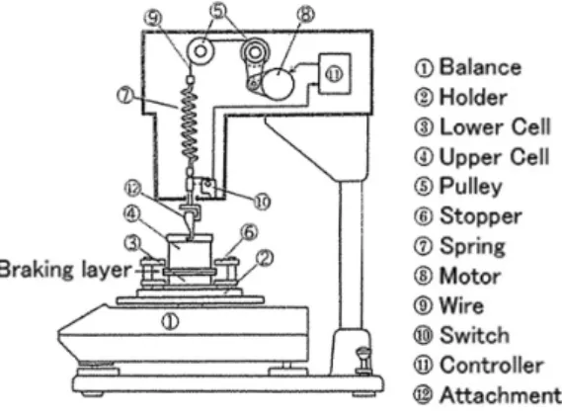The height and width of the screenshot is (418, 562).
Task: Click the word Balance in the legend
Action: (x=480, y=66)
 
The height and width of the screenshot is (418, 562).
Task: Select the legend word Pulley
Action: (x=470, y=187)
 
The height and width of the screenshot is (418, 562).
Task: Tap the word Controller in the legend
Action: (x=492, y=365)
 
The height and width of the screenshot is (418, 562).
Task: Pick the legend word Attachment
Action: (x=501, y=394)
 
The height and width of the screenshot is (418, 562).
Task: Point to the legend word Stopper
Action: (x=481, y=216)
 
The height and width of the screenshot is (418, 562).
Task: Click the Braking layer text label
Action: (x=64, y=269)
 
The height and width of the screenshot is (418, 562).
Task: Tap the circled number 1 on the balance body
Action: (x=170, y=321)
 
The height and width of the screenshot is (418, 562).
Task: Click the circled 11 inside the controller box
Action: (x=334, y=74)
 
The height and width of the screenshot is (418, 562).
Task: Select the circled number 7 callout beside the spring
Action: (x=125, y=96)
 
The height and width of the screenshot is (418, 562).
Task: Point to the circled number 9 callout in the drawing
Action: (x=153, y=18)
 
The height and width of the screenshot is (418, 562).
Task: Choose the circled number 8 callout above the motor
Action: (x=306, y=15)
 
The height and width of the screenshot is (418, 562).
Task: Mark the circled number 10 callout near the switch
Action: (x=263, y=203)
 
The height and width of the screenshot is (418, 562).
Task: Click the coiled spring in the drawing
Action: (x=190, y=124)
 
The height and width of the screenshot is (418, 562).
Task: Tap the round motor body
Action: (x=279, y=83)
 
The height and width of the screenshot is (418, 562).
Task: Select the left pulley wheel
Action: (x=201, y=51)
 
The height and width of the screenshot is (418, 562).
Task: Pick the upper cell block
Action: (x=190, y=252)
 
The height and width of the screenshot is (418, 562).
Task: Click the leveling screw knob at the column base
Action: (x=364, y=361)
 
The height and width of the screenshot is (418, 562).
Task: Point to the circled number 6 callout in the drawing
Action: (x=250, y=232)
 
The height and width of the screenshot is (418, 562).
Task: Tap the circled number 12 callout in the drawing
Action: (x=133, y=189)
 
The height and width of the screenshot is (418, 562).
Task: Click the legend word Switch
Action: (x=474, y=335)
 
